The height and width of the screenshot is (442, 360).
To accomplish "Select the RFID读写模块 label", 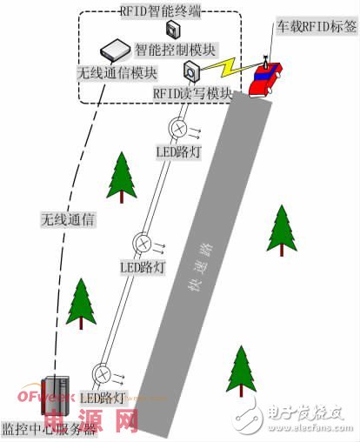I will click(192, 92).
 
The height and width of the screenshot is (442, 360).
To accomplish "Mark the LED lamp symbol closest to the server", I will click(103, 374).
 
